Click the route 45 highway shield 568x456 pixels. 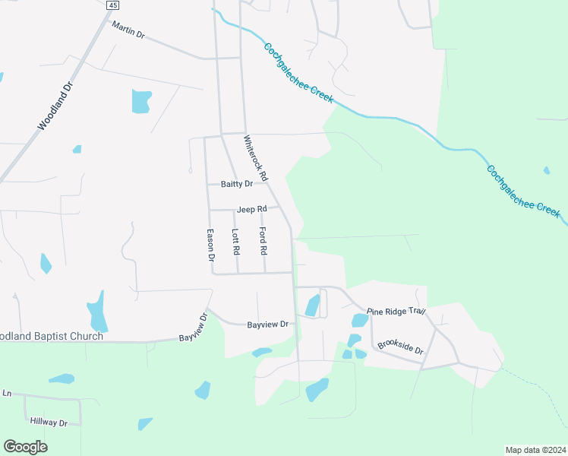tap(112, 5)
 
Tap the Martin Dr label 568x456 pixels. tap(128, 30)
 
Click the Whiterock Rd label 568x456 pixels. tap(256, 158)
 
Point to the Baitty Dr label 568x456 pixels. tap(236, 184)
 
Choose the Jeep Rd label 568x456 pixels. tap(251, 209)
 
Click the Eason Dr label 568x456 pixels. tap(211, 246)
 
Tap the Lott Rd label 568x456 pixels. tap(235, 242)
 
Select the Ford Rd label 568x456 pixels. tap(263, 240)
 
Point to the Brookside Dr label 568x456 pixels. tap(399, 347)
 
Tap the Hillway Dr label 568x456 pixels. tap(49, 421)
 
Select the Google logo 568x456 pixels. tap(25, 446)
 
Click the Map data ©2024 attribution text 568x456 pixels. tap(535, 449)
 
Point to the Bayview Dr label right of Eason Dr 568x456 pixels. tap(268, 325)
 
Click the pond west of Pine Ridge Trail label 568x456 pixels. tap(312, 306)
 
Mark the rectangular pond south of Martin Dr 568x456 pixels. tap(141, 101)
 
